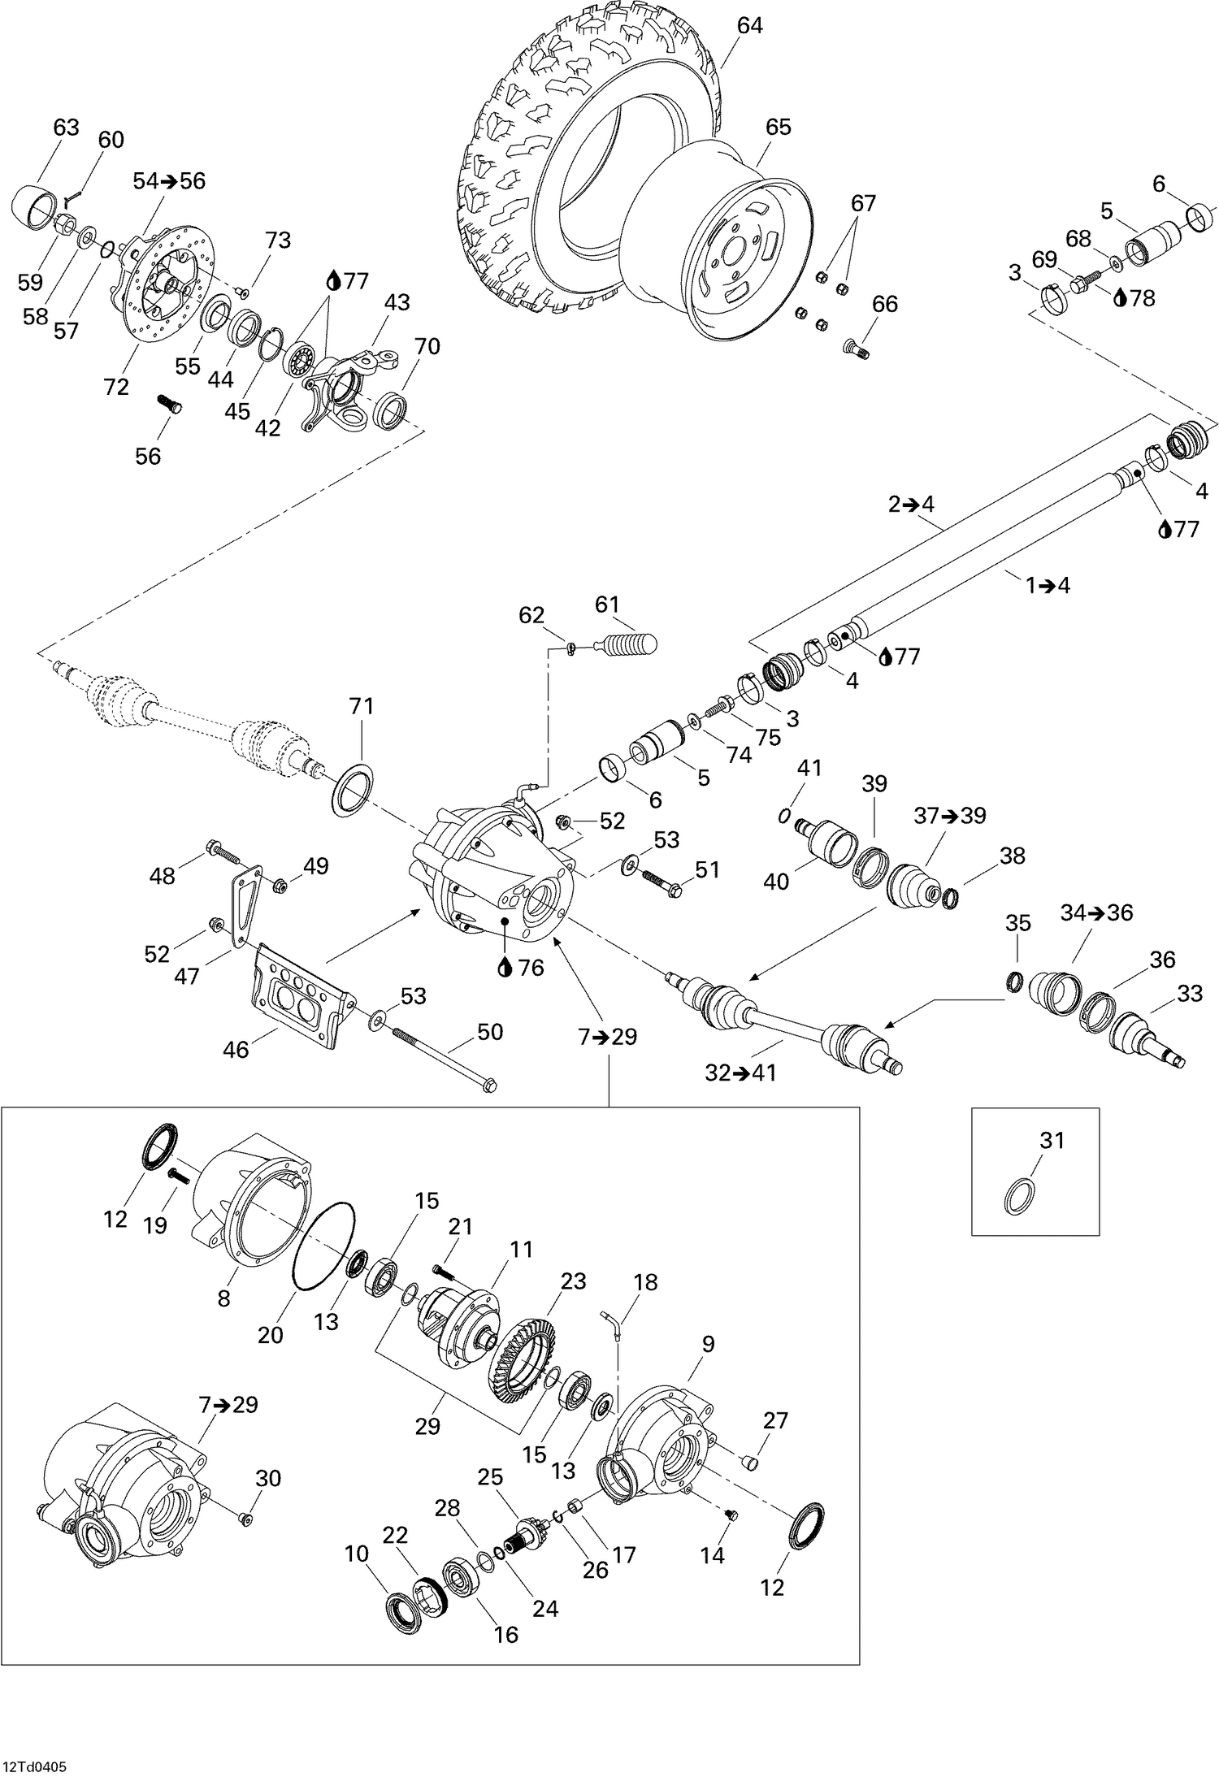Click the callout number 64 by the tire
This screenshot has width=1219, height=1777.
pos(749,26)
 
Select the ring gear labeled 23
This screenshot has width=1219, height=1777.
pos(523,1355)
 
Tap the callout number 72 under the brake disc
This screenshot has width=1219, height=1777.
pos(116,388)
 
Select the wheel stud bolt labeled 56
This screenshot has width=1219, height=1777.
pos(167,402)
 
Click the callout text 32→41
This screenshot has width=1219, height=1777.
pos(740,1073)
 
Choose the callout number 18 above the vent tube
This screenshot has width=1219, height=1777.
pos(645,1282)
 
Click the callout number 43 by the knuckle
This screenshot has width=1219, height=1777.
pos(397,302)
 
